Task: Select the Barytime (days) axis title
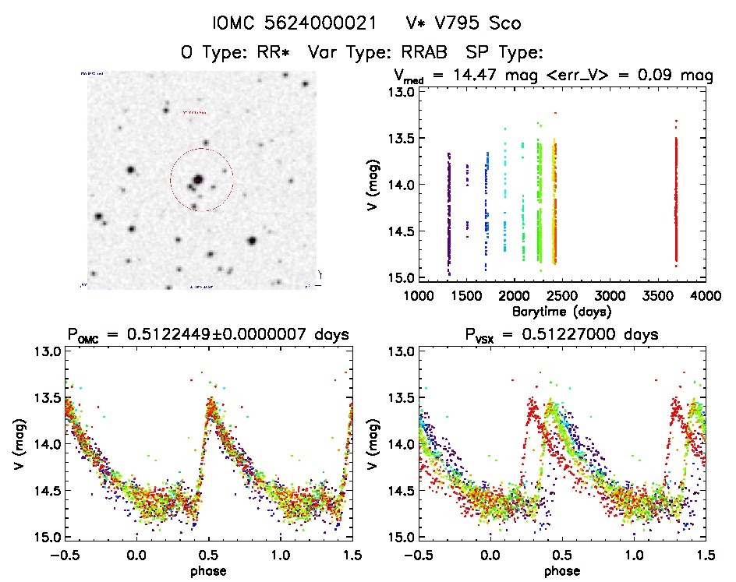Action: (x=561, y=310)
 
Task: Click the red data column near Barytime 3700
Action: (x=676, y=195)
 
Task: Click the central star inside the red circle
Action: (x=198, y=179)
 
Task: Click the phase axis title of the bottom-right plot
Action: (x=561, y=570)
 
